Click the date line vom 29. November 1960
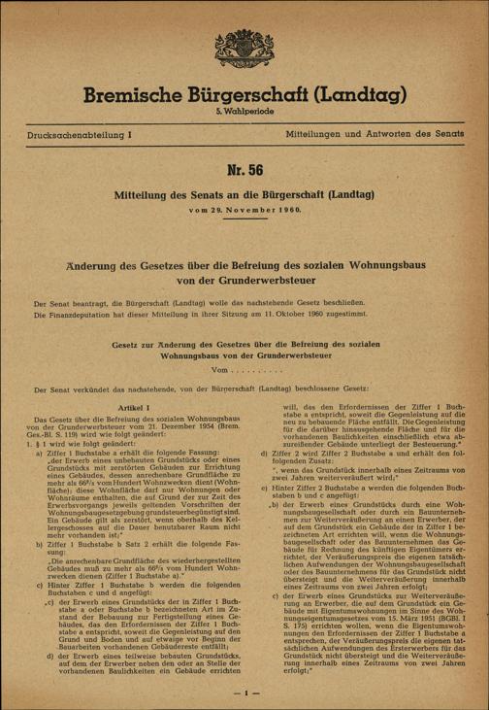[x=244, y=211]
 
